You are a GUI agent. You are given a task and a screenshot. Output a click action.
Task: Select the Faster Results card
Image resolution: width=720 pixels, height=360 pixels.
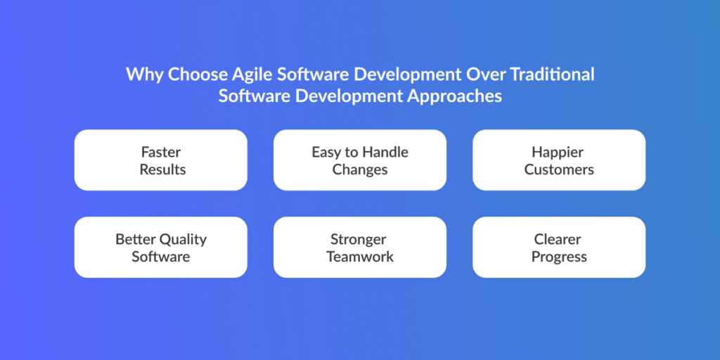(161, 160)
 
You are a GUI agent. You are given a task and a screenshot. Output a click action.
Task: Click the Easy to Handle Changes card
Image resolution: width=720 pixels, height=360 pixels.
(360, 160)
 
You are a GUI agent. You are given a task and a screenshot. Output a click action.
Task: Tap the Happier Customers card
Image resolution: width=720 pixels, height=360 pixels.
(559, 160)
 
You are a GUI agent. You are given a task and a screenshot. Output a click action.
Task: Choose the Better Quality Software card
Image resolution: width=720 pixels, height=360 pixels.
(161, 247)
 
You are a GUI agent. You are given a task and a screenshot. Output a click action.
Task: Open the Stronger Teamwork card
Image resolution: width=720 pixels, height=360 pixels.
(360, 247)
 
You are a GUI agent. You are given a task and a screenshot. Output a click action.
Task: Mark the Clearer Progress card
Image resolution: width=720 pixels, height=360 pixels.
(559, 247)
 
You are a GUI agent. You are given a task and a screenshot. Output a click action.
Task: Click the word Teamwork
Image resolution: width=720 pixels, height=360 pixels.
(360, 256)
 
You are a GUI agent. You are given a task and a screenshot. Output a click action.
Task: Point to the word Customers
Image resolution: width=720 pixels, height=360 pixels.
(559, 169)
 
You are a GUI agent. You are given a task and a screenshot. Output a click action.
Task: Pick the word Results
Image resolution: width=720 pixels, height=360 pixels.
(162, 169)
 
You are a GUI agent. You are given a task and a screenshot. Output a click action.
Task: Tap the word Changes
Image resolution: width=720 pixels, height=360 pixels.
(360, 170)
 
